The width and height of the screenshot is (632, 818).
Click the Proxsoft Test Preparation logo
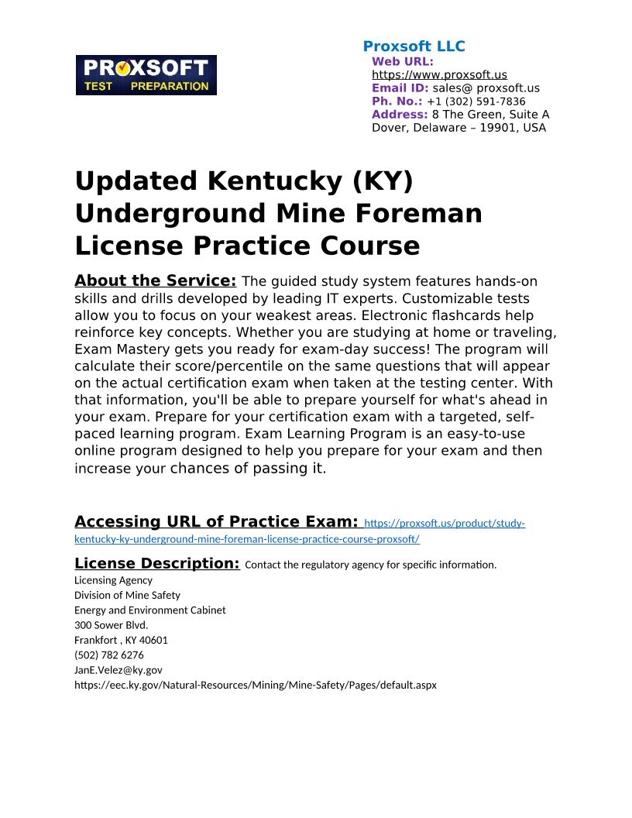(x=146, y=75)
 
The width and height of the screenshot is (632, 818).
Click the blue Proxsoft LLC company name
(x=414, y=46)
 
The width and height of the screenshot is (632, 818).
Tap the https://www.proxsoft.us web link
(x=439, y=75)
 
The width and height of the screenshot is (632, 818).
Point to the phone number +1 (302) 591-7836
(x=476, y=101)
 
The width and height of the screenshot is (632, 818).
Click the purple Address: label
(x=399, y=115)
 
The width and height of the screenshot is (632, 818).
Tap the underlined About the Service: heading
(x=155, y=280)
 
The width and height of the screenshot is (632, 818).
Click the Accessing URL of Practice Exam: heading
(x=216, y=522)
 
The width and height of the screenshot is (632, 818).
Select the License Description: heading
(x=156, y=563)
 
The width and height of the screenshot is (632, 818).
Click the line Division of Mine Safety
(x=127, y=595)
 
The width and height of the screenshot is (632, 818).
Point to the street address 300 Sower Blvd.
(x=111, y=625)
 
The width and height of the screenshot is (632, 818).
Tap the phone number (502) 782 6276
(x=109, y=655)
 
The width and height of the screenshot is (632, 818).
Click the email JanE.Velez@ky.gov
(x=118, y=670)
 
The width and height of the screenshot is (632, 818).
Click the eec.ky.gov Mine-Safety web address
(x=255, y=686)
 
